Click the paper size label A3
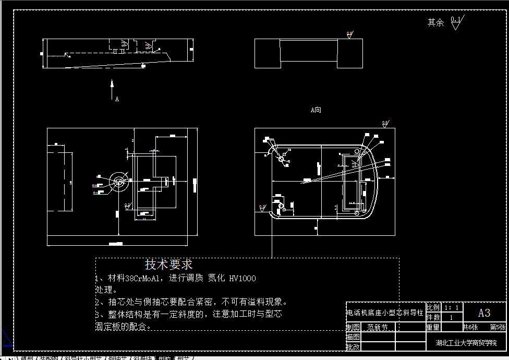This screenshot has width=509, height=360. (x=484, y=313)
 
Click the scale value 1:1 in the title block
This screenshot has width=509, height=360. (x=451, y=308)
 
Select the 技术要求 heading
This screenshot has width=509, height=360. (x=168, y=265)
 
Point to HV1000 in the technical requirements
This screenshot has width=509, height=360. (x=243, y=279)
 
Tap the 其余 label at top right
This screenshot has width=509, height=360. (x=435, y=22)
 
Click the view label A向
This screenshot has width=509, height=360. (x=316, y=110)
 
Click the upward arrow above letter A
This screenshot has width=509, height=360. (x=112, y=89)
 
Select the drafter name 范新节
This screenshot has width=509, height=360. (x=378, y=328)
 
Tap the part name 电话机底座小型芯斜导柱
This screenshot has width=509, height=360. (x=385, y=313)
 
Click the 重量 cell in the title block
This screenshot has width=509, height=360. (x=433, y=328)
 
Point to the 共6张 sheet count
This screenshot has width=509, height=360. (x=470, y=328)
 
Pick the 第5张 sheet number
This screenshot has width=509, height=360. (x=497, y=328)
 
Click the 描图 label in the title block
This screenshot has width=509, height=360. (x=353, y=337)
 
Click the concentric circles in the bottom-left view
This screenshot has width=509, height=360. (x=119, y=182)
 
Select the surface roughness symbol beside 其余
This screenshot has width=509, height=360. (x=456, y=23)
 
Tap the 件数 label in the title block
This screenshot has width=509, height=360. (x=433, y=317)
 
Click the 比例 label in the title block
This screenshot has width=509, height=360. (x=433, y=308)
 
